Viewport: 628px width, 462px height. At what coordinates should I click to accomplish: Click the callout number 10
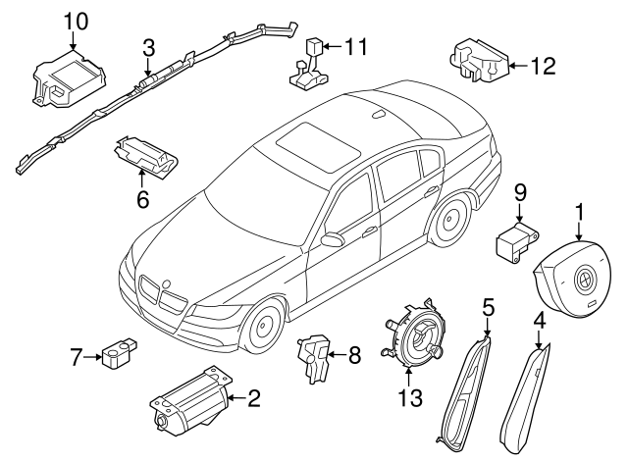(76, 21)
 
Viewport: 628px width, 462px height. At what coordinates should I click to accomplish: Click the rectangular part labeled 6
(144, 153)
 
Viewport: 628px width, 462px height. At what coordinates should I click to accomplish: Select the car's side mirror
(332, 238)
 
